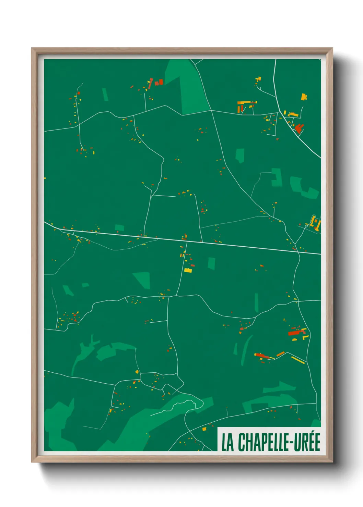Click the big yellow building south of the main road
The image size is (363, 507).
pyautogui.click(x=188, y=270)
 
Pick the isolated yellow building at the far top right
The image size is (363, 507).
pyautogui.click(x=304, y=97)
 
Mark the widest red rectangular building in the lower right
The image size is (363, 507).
pyautogui.click(x=294, y=333)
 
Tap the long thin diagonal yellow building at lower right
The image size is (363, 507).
pyautogui.click(x=298, y=360)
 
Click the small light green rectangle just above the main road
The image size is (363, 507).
pyautogui.click(x=119, y=227)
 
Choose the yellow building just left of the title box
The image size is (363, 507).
pyautogui.click(x=204, y=429)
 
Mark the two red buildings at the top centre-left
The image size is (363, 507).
pyautogui.click(x=159, y=82)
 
